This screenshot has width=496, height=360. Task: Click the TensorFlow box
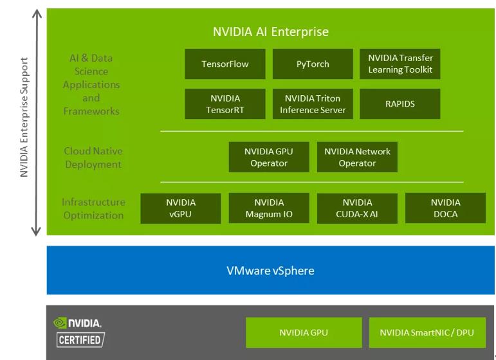[225, 64]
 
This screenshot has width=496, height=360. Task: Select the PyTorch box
[313, 64]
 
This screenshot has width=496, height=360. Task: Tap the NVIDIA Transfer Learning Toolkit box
[400, 64]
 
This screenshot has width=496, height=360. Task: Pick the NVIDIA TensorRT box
[225, 104]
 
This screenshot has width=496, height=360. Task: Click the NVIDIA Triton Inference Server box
[313, 104]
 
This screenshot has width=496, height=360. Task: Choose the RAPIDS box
[400, 104]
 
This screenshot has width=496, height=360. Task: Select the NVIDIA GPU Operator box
[269, 157]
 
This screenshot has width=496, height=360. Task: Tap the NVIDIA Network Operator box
[357, 157]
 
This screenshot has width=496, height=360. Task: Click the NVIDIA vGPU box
[181, 208]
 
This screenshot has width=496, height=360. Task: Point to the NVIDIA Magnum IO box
[269, 208]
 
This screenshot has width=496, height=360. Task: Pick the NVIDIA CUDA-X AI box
[357, 208]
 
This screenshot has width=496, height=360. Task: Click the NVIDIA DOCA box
[445, 208]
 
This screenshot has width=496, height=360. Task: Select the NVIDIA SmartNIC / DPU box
[427, 332]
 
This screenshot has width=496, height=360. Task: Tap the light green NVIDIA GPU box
[304, 332]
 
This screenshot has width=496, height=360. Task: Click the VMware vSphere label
[270, 271]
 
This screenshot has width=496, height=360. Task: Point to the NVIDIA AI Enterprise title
[271, 32]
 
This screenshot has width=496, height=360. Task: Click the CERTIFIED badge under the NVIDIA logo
[80, 340]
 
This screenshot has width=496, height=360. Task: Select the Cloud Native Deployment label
[93, 157]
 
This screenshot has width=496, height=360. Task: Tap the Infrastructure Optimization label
[93, 208]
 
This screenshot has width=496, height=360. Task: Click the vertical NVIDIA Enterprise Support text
[24, 117]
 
